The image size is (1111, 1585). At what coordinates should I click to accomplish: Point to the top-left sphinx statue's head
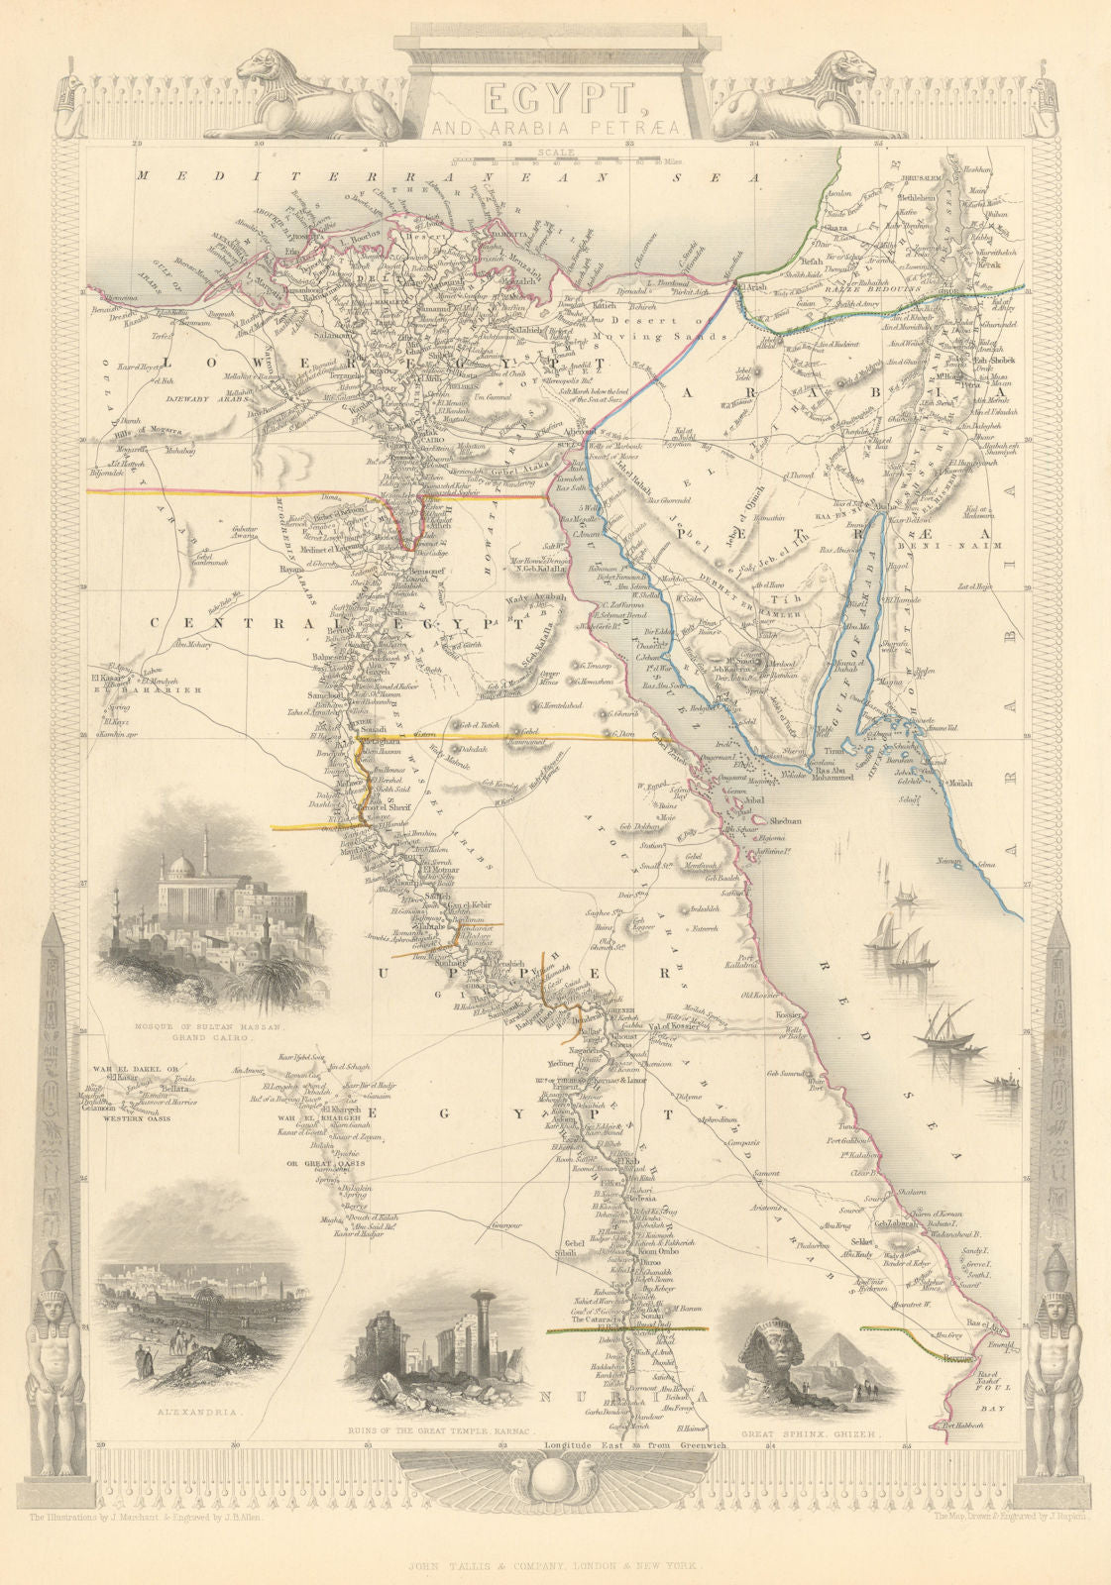point(266,69)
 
